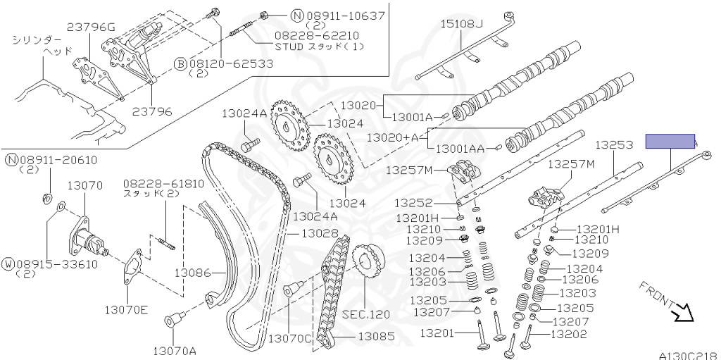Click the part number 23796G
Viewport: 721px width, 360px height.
point(91,27)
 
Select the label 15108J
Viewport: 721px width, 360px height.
point(462,25)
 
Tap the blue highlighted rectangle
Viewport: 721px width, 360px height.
point(670,142)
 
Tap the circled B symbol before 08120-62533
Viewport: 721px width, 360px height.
point(180,63)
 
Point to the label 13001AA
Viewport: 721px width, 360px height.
point(460,149)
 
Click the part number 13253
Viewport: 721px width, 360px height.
point(614,145)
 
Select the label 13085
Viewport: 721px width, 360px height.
point(377,337)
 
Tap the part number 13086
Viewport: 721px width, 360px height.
point(193,272)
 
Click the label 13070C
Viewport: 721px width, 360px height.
point(289,337)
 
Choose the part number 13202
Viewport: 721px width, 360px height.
point(568,334)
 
